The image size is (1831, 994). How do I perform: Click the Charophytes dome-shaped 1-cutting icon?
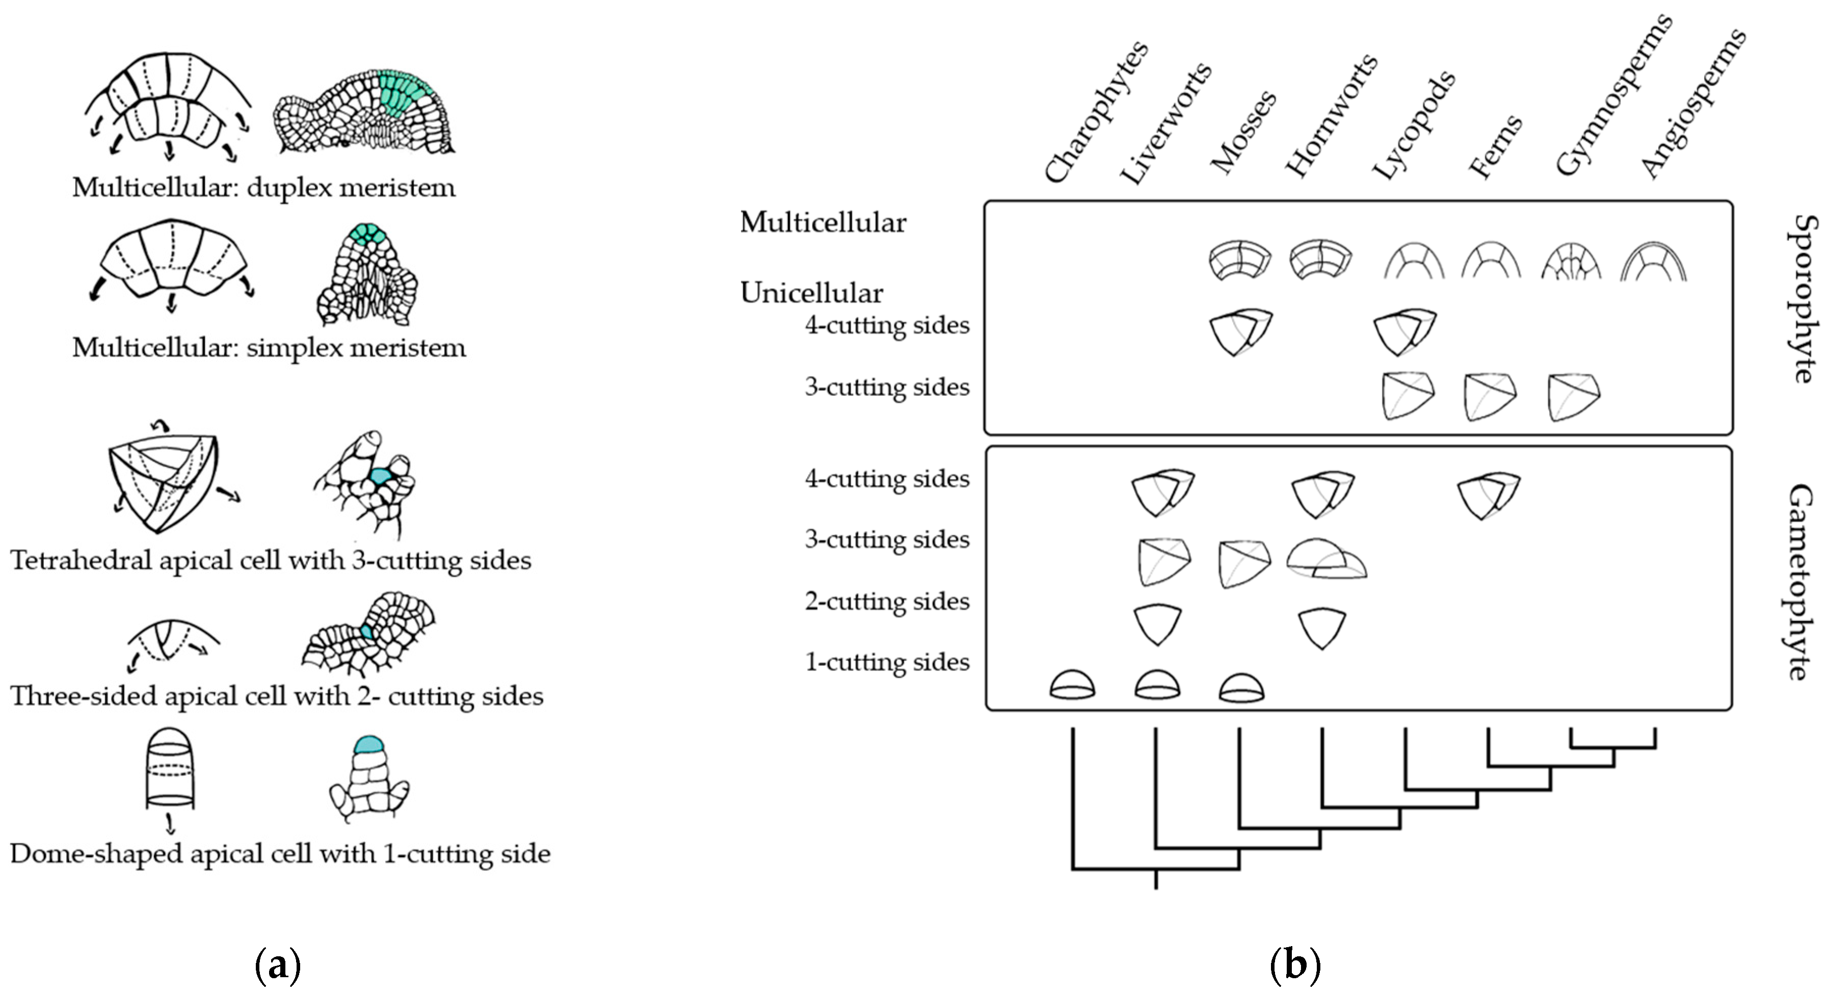[1072, 684]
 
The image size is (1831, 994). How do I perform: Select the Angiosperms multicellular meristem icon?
[1653, 261]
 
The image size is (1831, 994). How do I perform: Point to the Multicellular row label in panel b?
[822, 222]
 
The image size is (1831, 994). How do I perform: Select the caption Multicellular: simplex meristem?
[269, 347]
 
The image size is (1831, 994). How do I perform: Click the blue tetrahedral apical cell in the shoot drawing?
[380, 476]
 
